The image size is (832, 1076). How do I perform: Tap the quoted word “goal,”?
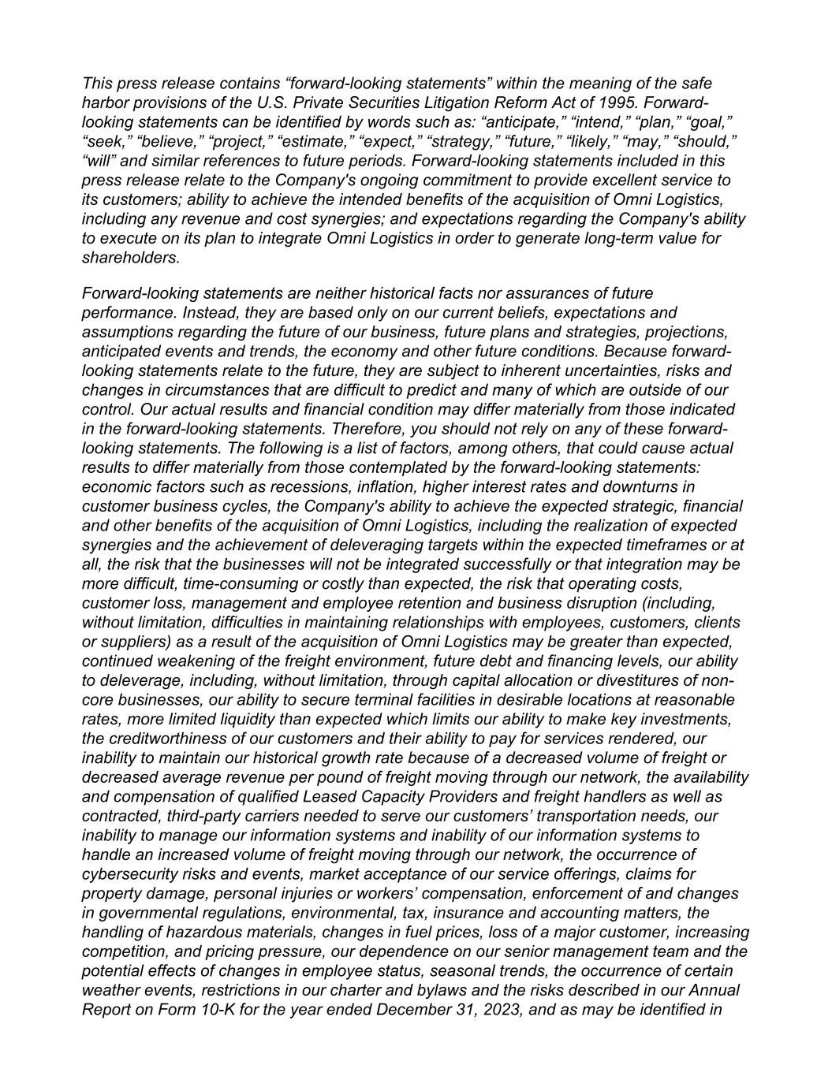pos(711,122)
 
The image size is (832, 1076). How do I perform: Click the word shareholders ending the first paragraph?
pos(131,258)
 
